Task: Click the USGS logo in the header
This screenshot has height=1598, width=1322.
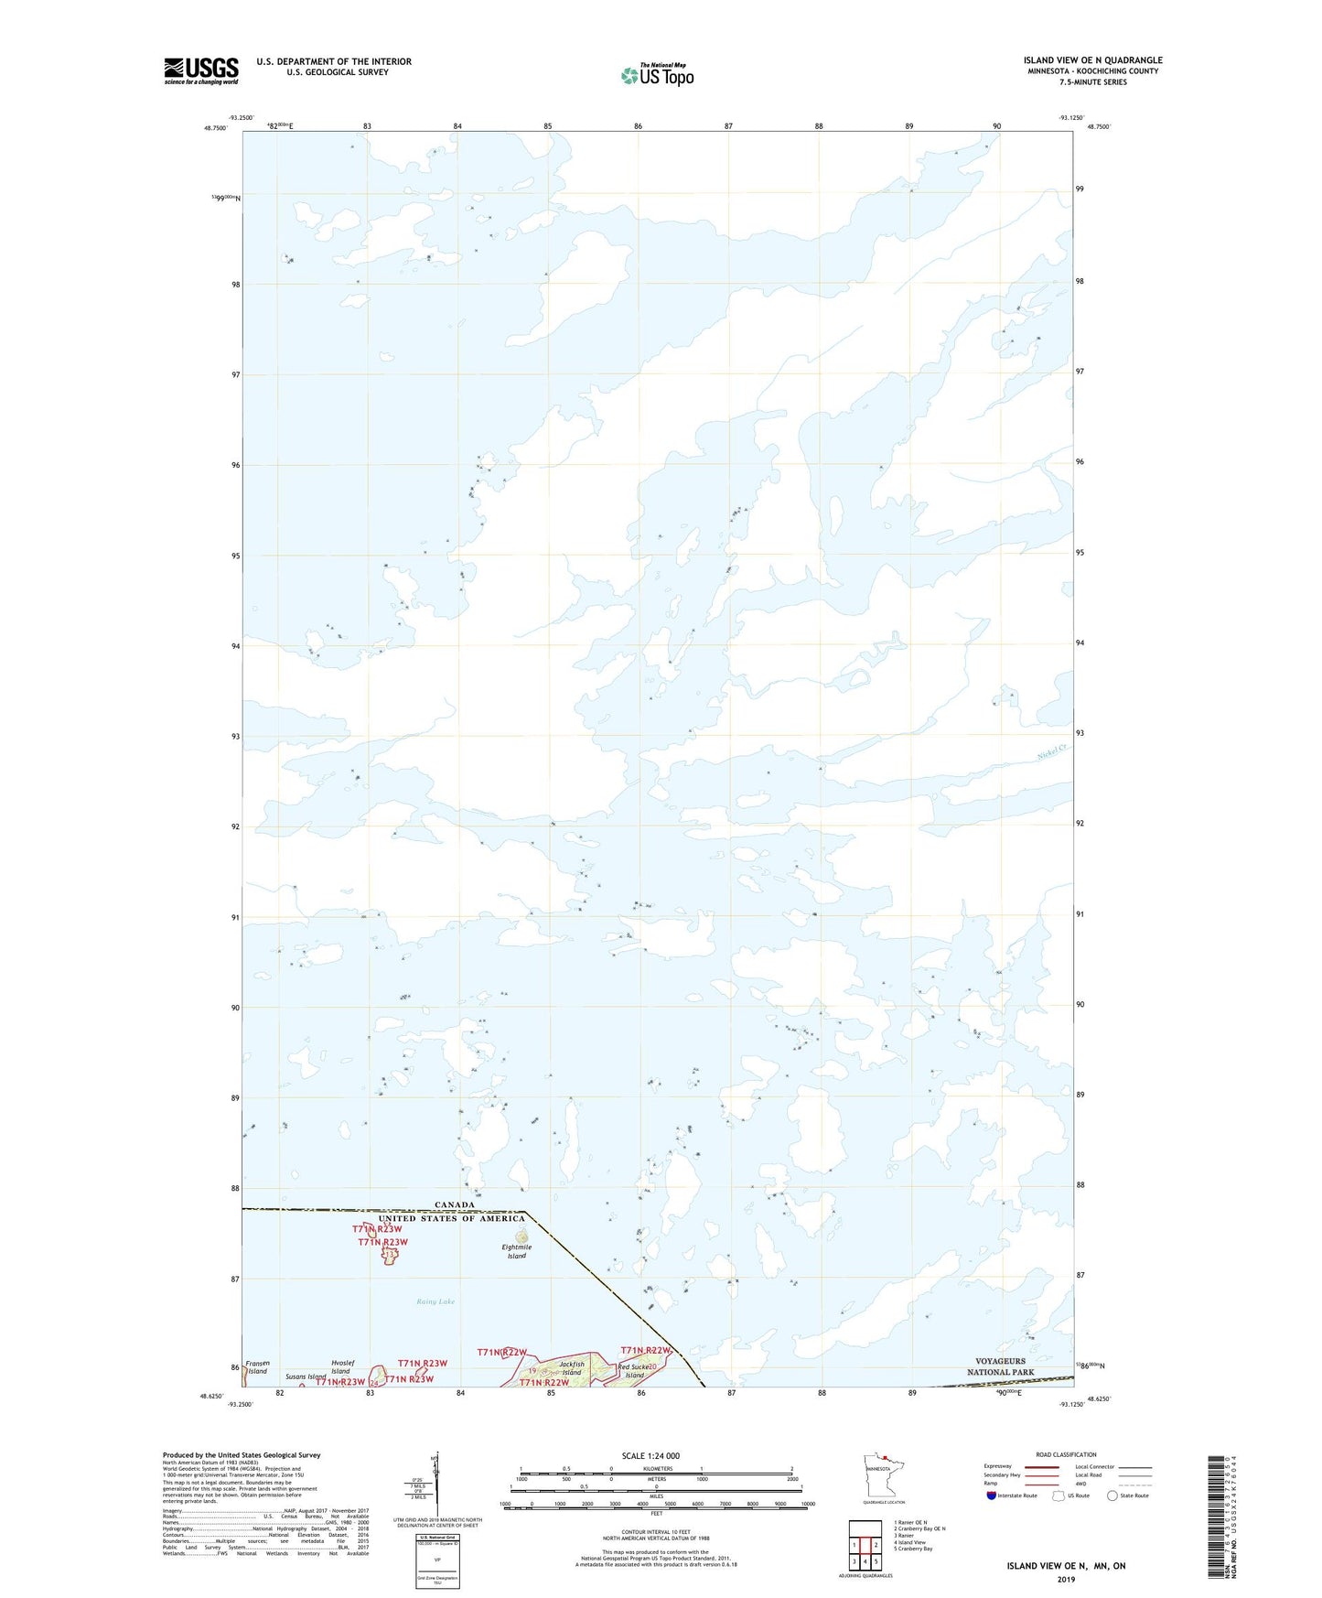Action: coord(201,70)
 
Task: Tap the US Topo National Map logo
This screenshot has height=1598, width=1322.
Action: coord(657,74)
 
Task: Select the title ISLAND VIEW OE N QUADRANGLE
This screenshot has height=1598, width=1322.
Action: coord(1092,60)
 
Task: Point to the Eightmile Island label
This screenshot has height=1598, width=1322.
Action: coord(517,1251)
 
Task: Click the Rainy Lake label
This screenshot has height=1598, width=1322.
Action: coord(435,1301)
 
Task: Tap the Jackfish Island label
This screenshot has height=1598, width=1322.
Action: coord(572,1368)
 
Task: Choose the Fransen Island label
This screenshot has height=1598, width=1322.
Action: coord(257,1367)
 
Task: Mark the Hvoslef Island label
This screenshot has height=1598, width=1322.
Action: coord(340,1367)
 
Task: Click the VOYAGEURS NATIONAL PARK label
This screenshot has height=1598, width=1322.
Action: coord(1000,1366)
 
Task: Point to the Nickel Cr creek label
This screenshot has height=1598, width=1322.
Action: coord(1052,751)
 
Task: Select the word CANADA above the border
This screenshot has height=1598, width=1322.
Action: coord(455,1204)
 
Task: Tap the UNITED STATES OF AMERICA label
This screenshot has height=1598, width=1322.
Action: coord(452,1218)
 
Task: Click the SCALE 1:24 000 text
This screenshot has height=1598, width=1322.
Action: coord(650,1455)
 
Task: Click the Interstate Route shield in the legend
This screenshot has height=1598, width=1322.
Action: coord(993,1496)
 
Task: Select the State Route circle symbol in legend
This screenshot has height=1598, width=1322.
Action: coord(1112,1496)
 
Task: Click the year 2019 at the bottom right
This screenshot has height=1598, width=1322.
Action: coord(1066,1579)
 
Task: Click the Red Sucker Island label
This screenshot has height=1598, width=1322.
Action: coord(634,1371)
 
